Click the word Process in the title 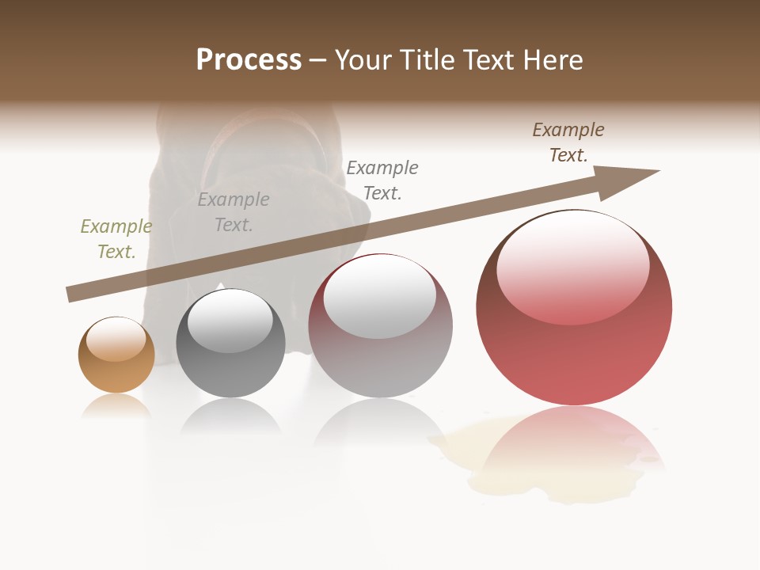[249, 60]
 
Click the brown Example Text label [568, 142]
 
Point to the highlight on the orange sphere [116, 338]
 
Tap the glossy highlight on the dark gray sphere [230, 320]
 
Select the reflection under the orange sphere [116, 405]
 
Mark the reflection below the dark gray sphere [230, 415]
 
